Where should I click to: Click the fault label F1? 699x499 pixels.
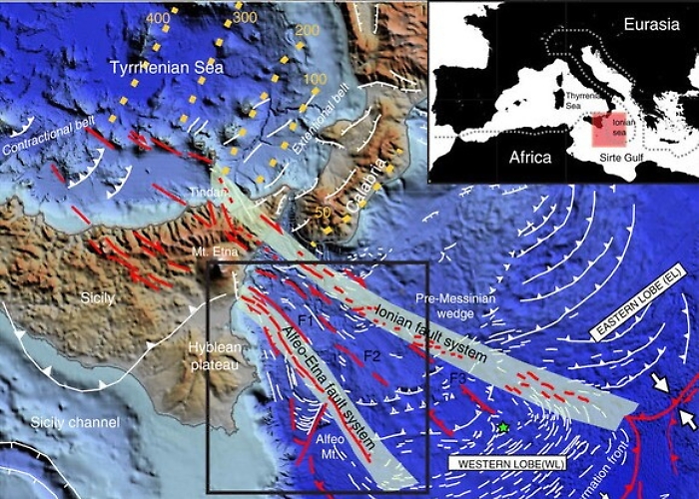pyautogui.click(x=307, y=322)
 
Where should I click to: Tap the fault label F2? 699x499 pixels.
pyautogui.click(x=372, y=354)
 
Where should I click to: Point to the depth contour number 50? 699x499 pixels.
pyautogui.click(x=323, y=214)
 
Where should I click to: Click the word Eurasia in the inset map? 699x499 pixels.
pyautogui.click(x=650, y=23)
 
